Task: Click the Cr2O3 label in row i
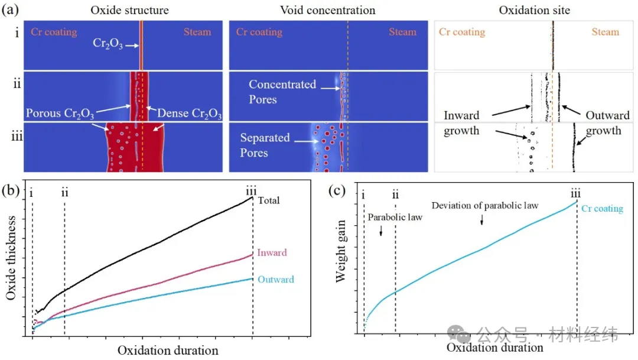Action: tap(108, 44)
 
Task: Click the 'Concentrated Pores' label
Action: tap(282, 92)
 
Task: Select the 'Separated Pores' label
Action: tap(265, 145)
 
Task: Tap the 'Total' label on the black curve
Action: tap(269, 200)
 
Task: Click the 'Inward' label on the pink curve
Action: tap(272, 253)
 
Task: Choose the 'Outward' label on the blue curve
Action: tap(275, 280)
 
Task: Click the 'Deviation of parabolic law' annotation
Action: tap(485, 206)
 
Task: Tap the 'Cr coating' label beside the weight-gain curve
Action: tap(602, 209)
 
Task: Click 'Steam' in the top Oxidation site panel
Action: tap(605, 32)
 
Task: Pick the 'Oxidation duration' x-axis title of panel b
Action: tap(168, 351)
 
